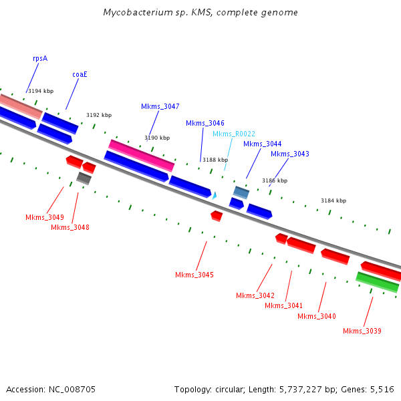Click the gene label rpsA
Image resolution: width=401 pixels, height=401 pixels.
40,58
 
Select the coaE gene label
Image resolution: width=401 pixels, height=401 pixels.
80,74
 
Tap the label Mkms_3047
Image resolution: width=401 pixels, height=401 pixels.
160,106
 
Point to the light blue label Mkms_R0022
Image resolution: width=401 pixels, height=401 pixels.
234,134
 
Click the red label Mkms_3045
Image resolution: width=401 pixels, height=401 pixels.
194,275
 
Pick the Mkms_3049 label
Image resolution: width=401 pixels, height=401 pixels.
45,217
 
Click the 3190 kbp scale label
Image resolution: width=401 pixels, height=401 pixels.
157,138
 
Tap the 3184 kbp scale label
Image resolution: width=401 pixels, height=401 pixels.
333,200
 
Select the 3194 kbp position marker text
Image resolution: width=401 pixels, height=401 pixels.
41,91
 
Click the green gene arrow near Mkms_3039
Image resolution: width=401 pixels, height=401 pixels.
378,282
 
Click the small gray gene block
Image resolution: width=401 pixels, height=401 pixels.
84,178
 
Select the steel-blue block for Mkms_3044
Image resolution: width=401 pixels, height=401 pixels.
241,192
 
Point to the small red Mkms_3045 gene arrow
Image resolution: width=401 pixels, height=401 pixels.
217,215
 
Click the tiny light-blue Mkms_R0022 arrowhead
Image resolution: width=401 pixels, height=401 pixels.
214,195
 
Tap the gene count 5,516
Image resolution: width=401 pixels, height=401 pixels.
381,389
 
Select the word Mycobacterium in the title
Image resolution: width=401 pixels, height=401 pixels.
134,13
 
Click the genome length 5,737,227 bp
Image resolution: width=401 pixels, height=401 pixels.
307,389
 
